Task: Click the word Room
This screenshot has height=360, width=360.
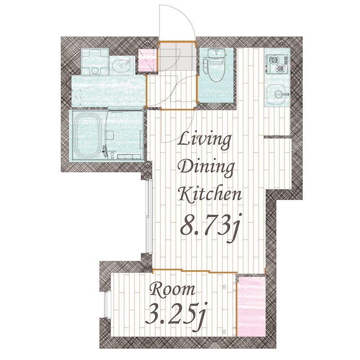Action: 172,289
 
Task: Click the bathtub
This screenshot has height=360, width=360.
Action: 89,135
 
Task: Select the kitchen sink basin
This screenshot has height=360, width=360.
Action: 277,94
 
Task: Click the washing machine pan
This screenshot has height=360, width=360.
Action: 95,62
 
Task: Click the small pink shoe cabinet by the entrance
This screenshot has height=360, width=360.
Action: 147,60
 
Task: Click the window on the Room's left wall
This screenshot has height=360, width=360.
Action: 107,305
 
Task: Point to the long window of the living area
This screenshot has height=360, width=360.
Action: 149,216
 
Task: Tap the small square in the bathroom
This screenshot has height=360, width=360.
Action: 110,135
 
